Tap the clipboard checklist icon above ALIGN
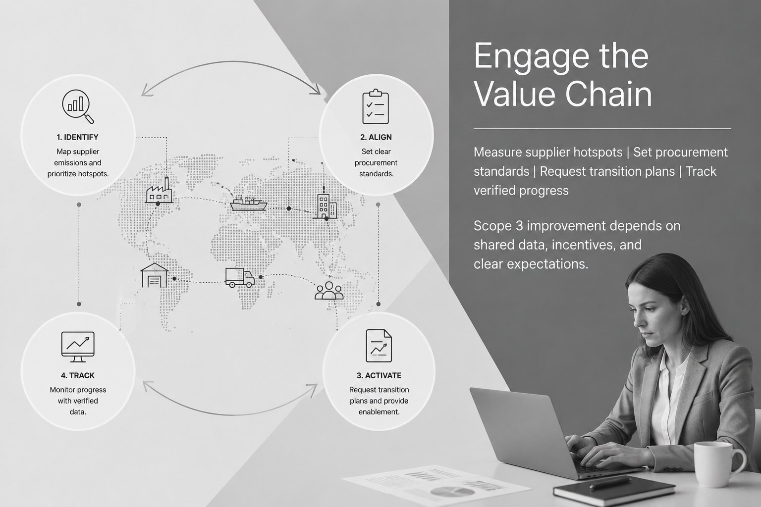coord(376,106)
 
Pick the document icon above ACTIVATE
coord(379,346)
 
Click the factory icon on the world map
coord(159,190)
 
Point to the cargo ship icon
coord(248,203)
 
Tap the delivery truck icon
coord(239,277)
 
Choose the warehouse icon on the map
coord(155,275)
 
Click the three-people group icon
coord(329,291)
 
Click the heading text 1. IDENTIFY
coord(77,137)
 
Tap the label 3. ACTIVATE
coord(379,375)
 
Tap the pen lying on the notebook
coord(610,482)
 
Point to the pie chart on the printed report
coord(452,491)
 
